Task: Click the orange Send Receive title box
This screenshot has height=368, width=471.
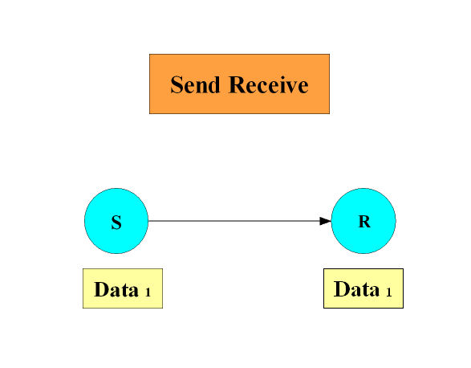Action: (239, 84)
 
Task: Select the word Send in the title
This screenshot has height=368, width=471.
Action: (195, 85)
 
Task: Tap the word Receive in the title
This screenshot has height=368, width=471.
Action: (269, 85)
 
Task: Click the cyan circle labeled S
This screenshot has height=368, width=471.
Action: (116, 221)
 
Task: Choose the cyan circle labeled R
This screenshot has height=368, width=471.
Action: (363, 221)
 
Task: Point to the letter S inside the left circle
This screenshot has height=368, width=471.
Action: (116, 223)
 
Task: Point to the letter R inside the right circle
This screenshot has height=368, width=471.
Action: (364, 222)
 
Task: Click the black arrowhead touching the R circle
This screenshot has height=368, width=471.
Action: (326, 221)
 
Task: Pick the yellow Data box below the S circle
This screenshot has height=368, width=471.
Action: (123, 288)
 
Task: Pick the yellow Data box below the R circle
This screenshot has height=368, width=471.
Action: (363, 288)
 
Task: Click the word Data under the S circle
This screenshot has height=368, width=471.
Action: (116, 289)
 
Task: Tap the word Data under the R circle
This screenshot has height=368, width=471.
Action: (356, 289)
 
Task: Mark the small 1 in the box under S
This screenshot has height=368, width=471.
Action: (148, 292)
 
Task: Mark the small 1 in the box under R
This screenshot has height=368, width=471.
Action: (388, 292)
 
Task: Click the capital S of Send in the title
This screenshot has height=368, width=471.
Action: (177, 85)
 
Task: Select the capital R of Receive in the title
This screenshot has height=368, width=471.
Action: (238, 84)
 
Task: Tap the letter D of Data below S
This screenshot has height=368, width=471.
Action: (101, 289)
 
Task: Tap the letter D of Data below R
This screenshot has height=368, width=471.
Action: (341, 289)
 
